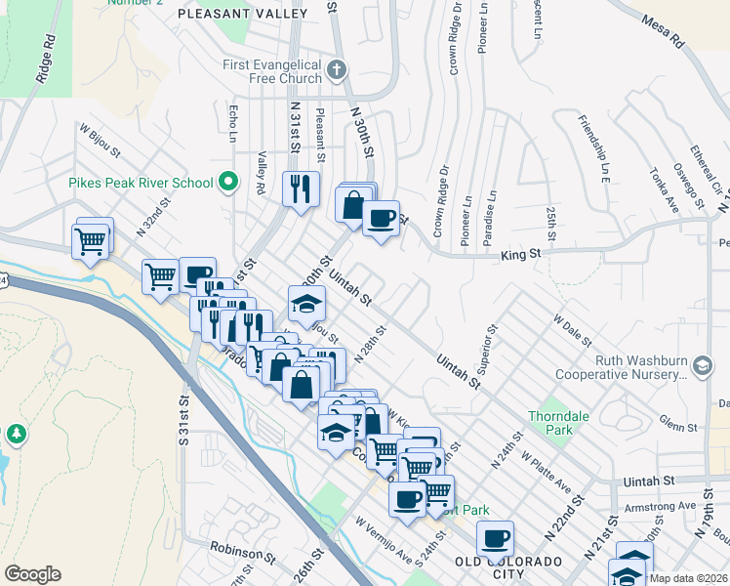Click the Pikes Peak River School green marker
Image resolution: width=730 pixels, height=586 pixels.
tap(228, 182)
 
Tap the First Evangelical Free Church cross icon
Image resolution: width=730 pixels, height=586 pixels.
tap(337, 69)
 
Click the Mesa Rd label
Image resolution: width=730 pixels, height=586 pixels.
tap(663, 31)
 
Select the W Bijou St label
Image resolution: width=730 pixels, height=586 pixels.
tap(100, 140)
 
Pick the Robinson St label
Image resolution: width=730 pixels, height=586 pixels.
tap(242, 557)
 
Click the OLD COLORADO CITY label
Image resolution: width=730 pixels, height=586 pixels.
tap(508, 567)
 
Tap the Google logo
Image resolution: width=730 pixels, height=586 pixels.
tap(32, 574)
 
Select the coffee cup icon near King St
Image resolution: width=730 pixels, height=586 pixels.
tap(382, 217)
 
